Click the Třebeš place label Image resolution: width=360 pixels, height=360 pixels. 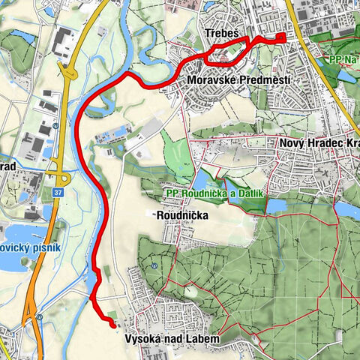tap(221, 33)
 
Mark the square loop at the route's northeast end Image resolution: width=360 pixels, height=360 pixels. tap(281, 38)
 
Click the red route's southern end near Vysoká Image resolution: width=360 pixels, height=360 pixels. tap(114, 325)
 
